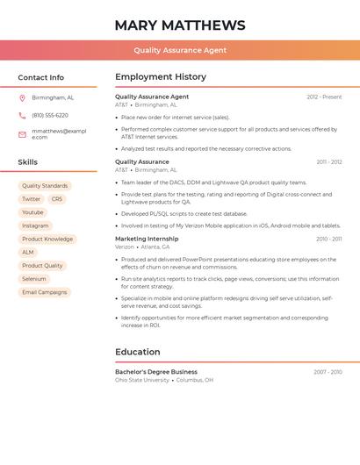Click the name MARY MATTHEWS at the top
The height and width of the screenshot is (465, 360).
[180, 25]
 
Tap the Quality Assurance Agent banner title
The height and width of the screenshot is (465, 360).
[180, 50]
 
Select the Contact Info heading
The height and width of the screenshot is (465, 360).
[40, 77]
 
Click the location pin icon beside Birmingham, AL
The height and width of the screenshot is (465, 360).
[22, 97]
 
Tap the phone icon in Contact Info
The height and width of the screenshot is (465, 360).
[22, 115]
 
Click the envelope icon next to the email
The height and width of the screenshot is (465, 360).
[22, 134]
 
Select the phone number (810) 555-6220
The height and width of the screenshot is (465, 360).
[50, 115]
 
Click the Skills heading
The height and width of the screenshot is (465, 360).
[27, 162]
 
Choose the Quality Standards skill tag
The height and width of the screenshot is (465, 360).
[45, 186]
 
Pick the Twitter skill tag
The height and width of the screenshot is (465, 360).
[32, 199]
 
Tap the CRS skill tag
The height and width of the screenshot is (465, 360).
[57, 199]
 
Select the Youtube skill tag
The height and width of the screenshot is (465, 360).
[32, 212]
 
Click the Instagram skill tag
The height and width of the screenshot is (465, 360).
[35, 225]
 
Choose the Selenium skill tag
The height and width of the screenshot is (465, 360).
[34, 279]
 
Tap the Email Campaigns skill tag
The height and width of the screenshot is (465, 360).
[45, 292]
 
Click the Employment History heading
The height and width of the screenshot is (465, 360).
[161, 77]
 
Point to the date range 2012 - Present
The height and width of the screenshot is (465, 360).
[324, 97]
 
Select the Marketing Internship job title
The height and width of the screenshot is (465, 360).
[147, 239]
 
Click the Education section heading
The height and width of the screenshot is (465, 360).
[138, 352]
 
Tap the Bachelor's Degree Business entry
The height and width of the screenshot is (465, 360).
[156, 372]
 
